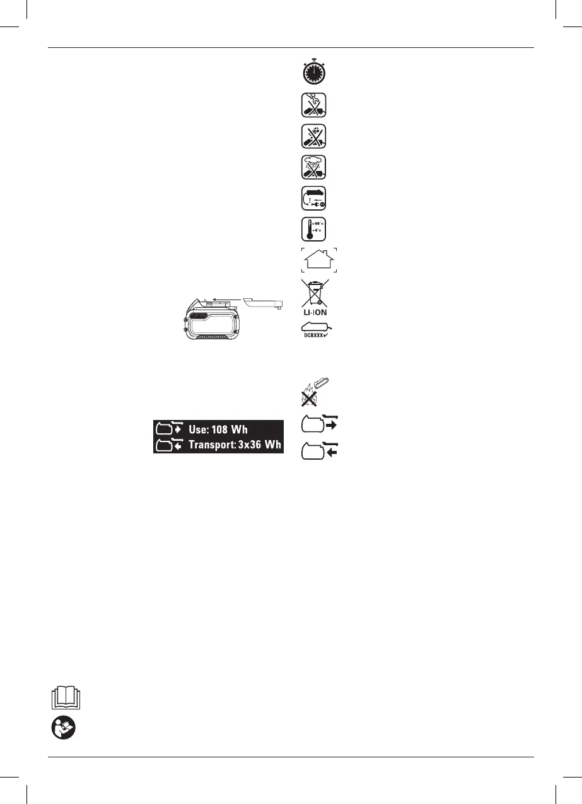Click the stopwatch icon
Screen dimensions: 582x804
(313, 72)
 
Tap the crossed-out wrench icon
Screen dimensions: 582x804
(313, 105)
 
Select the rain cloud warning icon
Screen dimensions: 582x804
(313, 167)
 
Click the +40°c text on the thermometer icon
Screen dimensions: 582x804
(319, 224)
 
